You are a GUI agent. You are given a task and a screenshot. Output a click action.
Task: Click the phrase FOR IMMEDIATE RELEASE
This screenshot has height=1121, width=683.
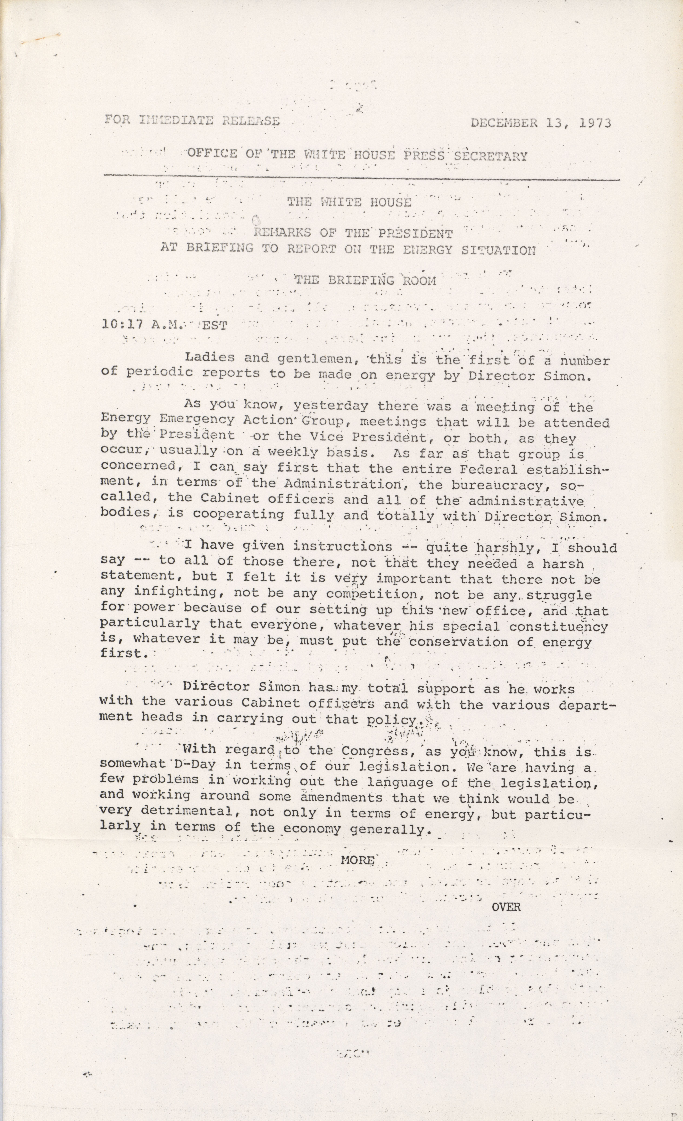(x=192, y=121)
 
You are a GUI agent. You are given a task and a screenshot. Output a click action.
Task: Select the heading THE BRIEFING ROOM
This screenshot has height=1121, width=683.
(x=365, y=280)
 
